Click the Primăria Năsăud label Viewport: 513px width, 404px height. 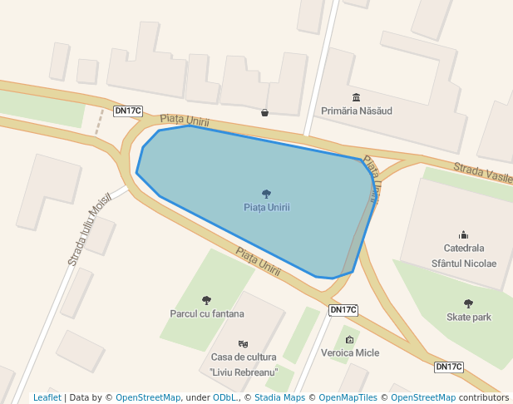coord(356,111)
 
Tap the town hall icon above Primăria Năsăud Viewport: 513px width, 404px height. coord(357,97)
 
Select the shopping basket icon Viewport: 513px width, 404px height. coord(264,112)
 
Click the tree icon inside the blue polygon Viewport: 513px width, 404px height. coord(266,194)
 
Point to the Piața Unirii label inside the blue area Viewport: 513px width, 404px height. coord(266,207)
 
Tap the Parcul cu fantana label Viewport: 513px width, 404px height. coord(206,313)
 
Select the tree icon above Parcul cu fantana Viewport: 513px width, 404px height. coord(206,300)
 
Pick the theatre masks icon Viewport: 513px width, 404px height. coord(243,343)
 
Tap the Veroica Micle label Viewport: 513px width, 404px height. coord(349,352)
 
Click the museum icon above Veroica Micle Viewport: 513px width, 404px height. coord(349,339)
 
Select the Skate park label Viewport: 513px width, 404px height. coord(468,317)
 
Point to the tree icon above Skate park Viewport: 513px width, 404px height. coord(468,303)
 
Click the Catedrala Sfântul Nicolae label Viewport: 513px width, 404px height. coord(464,255)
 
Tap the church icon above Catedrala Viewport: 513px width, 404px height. coord(464,234)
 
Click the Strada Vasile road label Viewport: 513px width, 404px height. coord(482,175)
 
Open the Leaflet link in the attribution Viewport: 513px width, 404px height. coord(47,397)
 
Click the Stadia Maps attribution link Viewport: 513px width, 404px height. coord(279,397)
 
